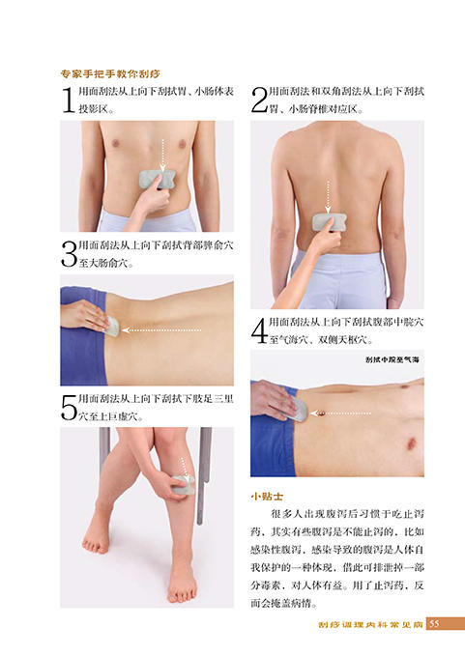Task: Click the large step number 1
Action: (67, 100)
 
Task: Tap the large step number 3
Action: (68, 255)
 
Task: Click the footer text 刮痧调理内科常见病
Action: (371, 624)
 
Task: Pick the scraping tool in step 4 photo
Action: (301, 407)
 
